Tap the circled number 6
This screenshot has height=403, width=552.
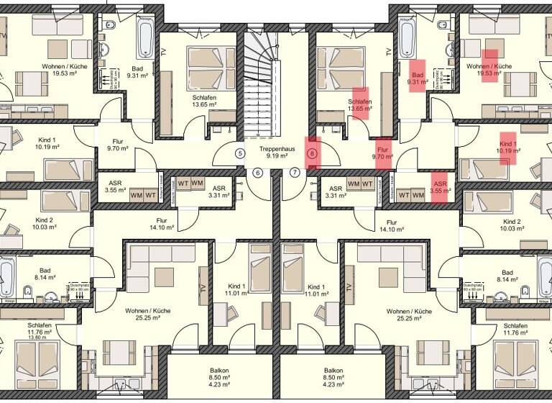(x=258, y=173)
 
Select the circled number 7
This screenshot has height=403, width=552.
(x=295, y=173)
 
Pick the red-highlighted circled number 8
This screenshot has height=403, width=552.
(x=312, y=153)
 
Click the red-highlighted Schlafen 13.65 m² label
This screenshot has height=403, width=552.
(x=360, y=106)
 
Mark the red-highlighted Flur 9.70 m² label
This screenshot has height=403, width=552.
(x=383, y=152)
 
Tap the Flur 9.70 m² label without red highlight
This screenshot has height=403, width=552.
(x=116, y=146)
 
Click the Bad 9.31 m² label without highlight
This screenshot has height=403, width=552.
(x=137, y=71)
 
